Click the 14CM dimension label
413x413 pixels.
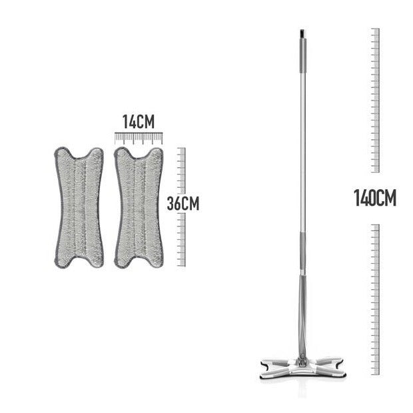pyautogui.click(x=139, y=122)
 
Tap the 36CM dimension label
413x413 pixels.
pyautogui.click(x=183, y=204)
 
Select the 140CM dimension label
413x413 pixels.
pyautogui.click(x=375, y=199)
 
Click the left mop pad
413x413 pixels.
pyautogui.click(x=79, y=208)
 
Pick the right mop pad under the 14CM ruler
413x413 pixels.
pyautogui.click(x=139, y=208)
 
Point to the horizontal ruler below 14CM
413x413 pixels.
pyautogui.click(x=139, y=139)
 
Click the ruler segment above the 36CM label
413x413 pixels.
pyautogui.click(x=181, y=171)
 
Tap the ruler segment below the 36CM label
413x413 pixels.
pyautogui.click(x=181, y=239)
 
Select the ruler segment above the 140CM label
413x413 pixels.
pyautogui.click(x=375, y=101)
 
